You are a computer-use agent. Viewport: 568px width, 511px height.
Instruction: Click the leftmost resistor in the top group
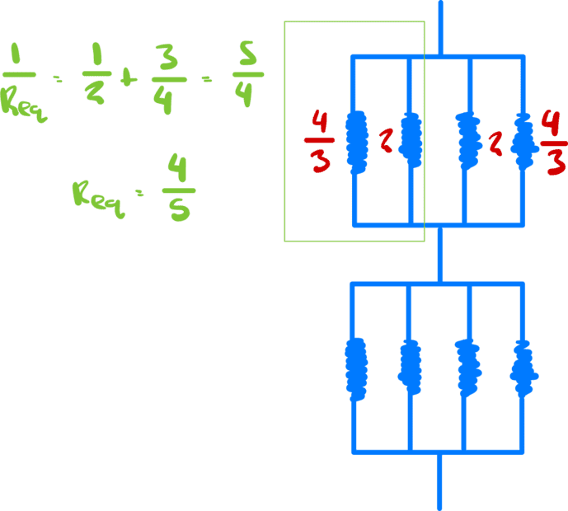pos(355,141)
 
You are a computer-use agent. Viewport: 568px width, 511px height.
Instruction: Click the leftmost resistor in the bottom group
pos(355,367)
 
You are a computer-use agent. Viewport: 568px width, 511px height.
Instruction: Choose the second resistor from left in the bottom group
pos(410,364)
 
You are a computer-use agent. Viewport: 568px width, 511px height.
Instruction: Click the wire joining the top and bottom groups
pos(439,254)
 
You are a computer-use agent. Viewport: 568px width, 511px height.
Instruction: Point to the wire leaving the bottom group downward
pos(439,482)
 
